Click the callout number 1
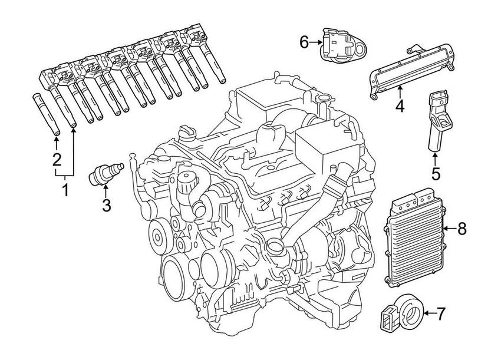(65, 190)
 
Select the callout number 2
(57, 159)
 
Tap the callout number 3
(106, 205)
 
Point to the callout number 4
(400, 107)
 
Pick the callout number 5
(435, 174)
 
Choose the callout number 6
(304, 42)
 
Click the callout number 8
(462, 229)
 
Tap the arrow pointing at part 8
(448, 229)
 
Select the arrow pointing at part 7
(427, 314)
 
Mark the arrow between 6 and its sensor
(315, 42)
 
